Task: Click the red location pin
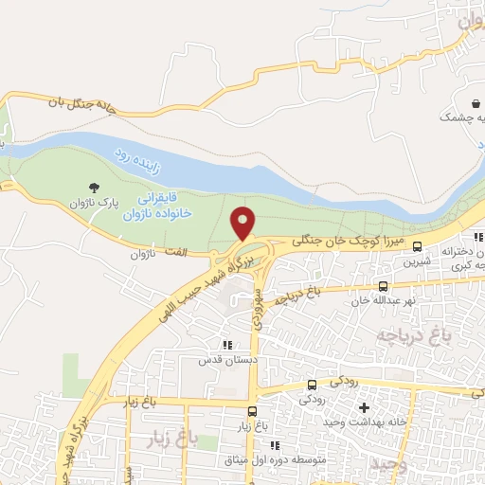(x=244, y=223)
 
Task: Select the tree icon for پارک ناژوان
(x=93, y=188)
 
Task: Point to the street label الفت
(x=174, y=251)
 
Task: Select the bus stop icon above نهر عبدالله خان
(x=383, y=286)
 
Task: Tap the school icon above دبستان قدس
(x=225, y=346)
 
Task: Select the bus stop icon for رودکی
(x=313, y=385)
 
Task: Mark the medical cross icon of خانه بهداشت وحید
(x=362, y=407)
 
